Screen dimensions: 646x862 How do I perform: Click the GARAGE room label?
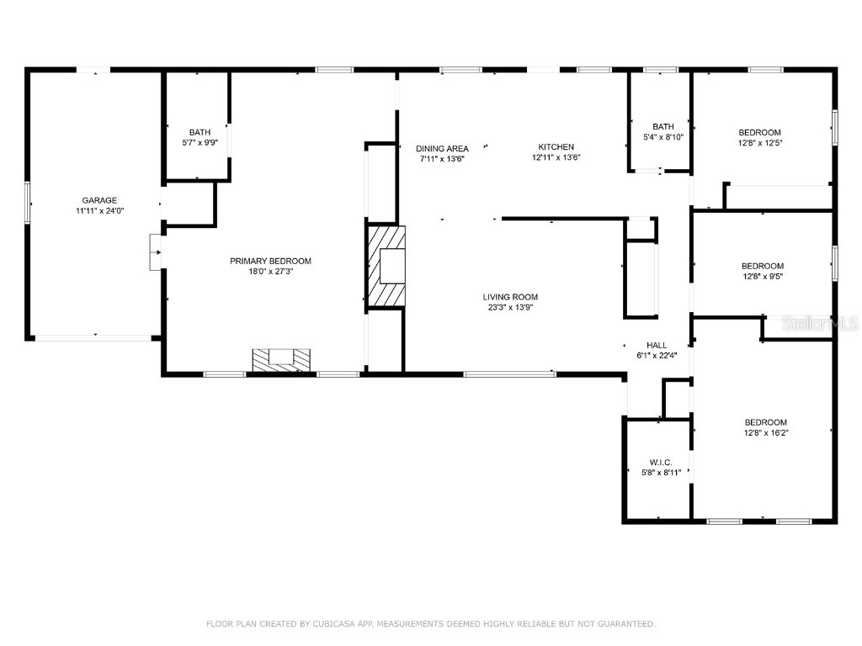coord(99,200)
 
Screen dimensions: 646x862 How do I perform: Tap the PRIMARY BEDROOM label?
coord(270,261)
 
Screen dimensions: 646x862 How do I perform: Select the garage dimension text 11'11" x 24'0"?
coord(99,211)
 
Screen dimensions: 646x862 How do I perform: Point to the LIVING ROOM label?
coord(510,297)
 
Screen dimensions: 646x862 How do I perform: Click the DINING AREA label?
coord(442,149)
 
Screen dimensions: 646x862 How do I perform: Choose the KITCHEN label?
coord(556,146)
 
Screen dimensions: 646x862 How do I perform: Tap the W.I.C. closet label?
coord(660,463)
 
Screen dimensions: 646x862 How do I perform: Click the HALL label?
coord(657,345)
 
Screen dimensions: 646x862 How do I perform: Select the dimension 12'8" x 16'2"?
coord(765,432)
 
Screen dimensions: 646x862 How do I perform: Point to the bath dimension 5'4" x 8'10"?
coord(663,137)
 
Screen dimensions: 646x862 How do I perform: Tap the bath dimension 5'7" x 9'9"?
coord(200,142)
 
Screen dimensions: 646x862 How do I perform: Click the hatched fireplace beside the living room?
coord(386,265)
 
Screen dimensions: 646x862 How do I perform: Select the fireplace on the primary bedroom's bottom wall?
coord(282,360)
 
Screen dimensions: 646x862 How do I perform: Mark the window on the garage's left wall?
coord(28,203)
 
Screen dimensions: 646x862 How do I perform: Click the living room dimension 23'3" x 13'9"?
coord(510,307)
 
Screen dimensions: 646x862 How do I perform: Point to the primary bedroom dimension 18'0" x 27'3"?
coord(270,271)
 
